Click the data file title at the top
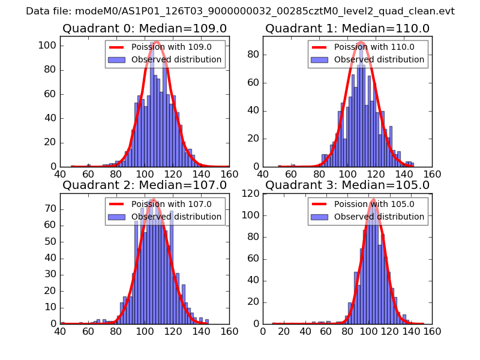click(x=240, y=11)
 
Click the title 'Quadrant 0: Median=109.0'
click(x=145, y=28)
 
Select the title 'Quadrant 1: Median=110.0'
click(x=347, y=28)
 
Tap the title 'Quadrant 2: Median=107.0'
click(x=145, y=185)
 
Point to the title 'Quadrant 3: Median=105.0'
click(x=347, y=185)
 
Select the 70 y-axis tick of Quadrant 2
click(x=50, y=209)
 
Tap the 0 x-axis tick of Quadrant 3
click(x=263, y=331)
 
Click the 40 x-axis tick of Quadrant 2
click(x=61, y=331)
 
